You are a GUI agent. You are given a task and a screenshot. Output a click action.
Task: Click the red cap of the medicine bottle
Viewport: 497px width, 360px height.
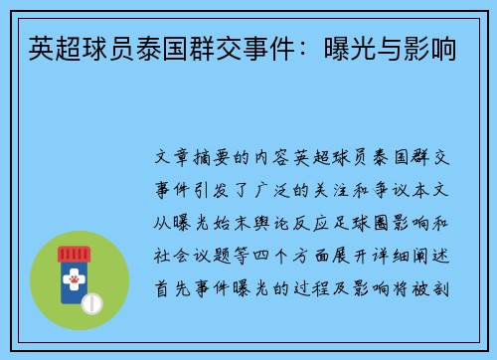[81, 254]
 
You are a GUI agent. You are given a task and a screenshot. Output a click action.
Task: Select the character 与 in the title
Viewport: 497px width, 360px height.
[389, 45]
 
